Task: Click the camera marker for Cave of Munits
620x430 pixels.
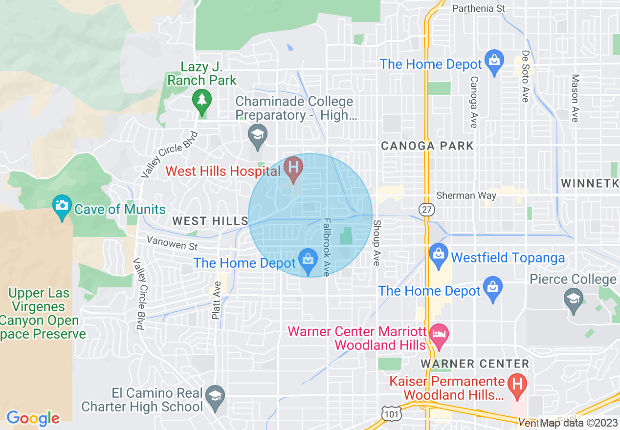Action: coord(62,206)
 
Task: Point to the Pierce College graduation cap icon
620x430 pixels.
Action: coord(574,299)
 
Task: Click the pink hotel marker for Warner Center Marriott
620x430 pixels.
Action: coord(439,335)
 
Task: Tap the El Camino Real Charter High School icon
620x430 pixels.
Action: coord(215,396)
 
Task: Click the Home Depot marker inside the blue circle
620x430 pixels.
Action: coord(308,259)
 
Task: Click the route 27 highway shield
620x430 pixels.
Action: coord(426,209)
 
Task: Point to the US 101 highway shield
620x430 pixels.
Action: coord(392,414)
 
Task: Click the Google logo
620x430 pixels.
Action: coord(33,418)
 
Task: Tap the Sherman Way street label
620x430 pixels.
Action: coord(466,195)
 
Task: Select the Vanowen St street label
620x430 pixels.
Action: coord(172,243)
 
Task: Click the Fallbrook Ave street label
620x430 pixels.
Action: coord(326,247)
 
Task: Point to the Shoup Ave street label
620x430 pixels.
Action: coord(376,243)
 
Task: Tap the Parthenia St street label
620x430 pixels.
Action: coord(478,8)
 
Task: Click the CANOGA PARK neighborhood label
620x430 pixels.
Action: coord(427,146)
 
